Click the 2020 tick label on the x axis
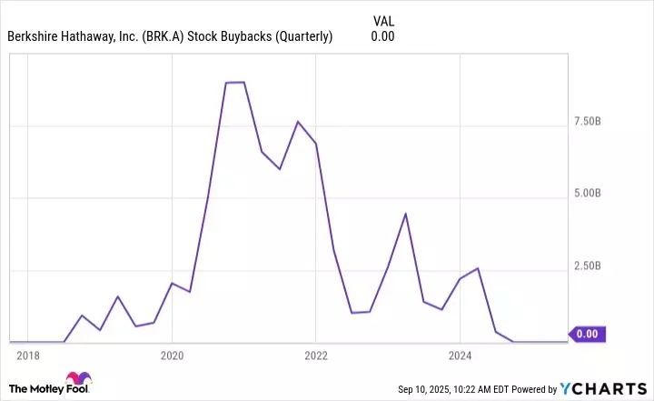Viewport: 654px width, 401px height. click(172, 355)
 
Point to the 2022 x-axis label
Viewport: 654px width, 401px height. click(316, 355)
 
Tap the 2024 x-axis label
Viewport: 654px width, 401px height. click(461, 355)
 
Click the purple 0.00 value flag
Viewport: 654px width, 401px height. click(587, 334)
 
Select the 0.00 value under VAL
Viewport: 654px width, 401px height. click(382, 37)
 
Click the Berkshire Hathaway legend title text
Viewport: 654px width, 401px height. click(170, 37)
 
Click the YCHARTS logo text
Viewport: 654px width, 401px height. click(608, 388)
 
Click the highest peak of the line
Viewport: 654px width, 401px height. click(234, 82)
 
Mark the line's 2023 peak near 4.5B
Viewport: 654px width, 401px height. click(405, 214)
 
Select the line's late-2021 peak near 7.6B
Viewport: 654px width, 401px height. click(298, 122)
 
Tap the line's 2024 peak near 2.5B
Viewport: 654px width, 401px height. click(478, 268)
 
